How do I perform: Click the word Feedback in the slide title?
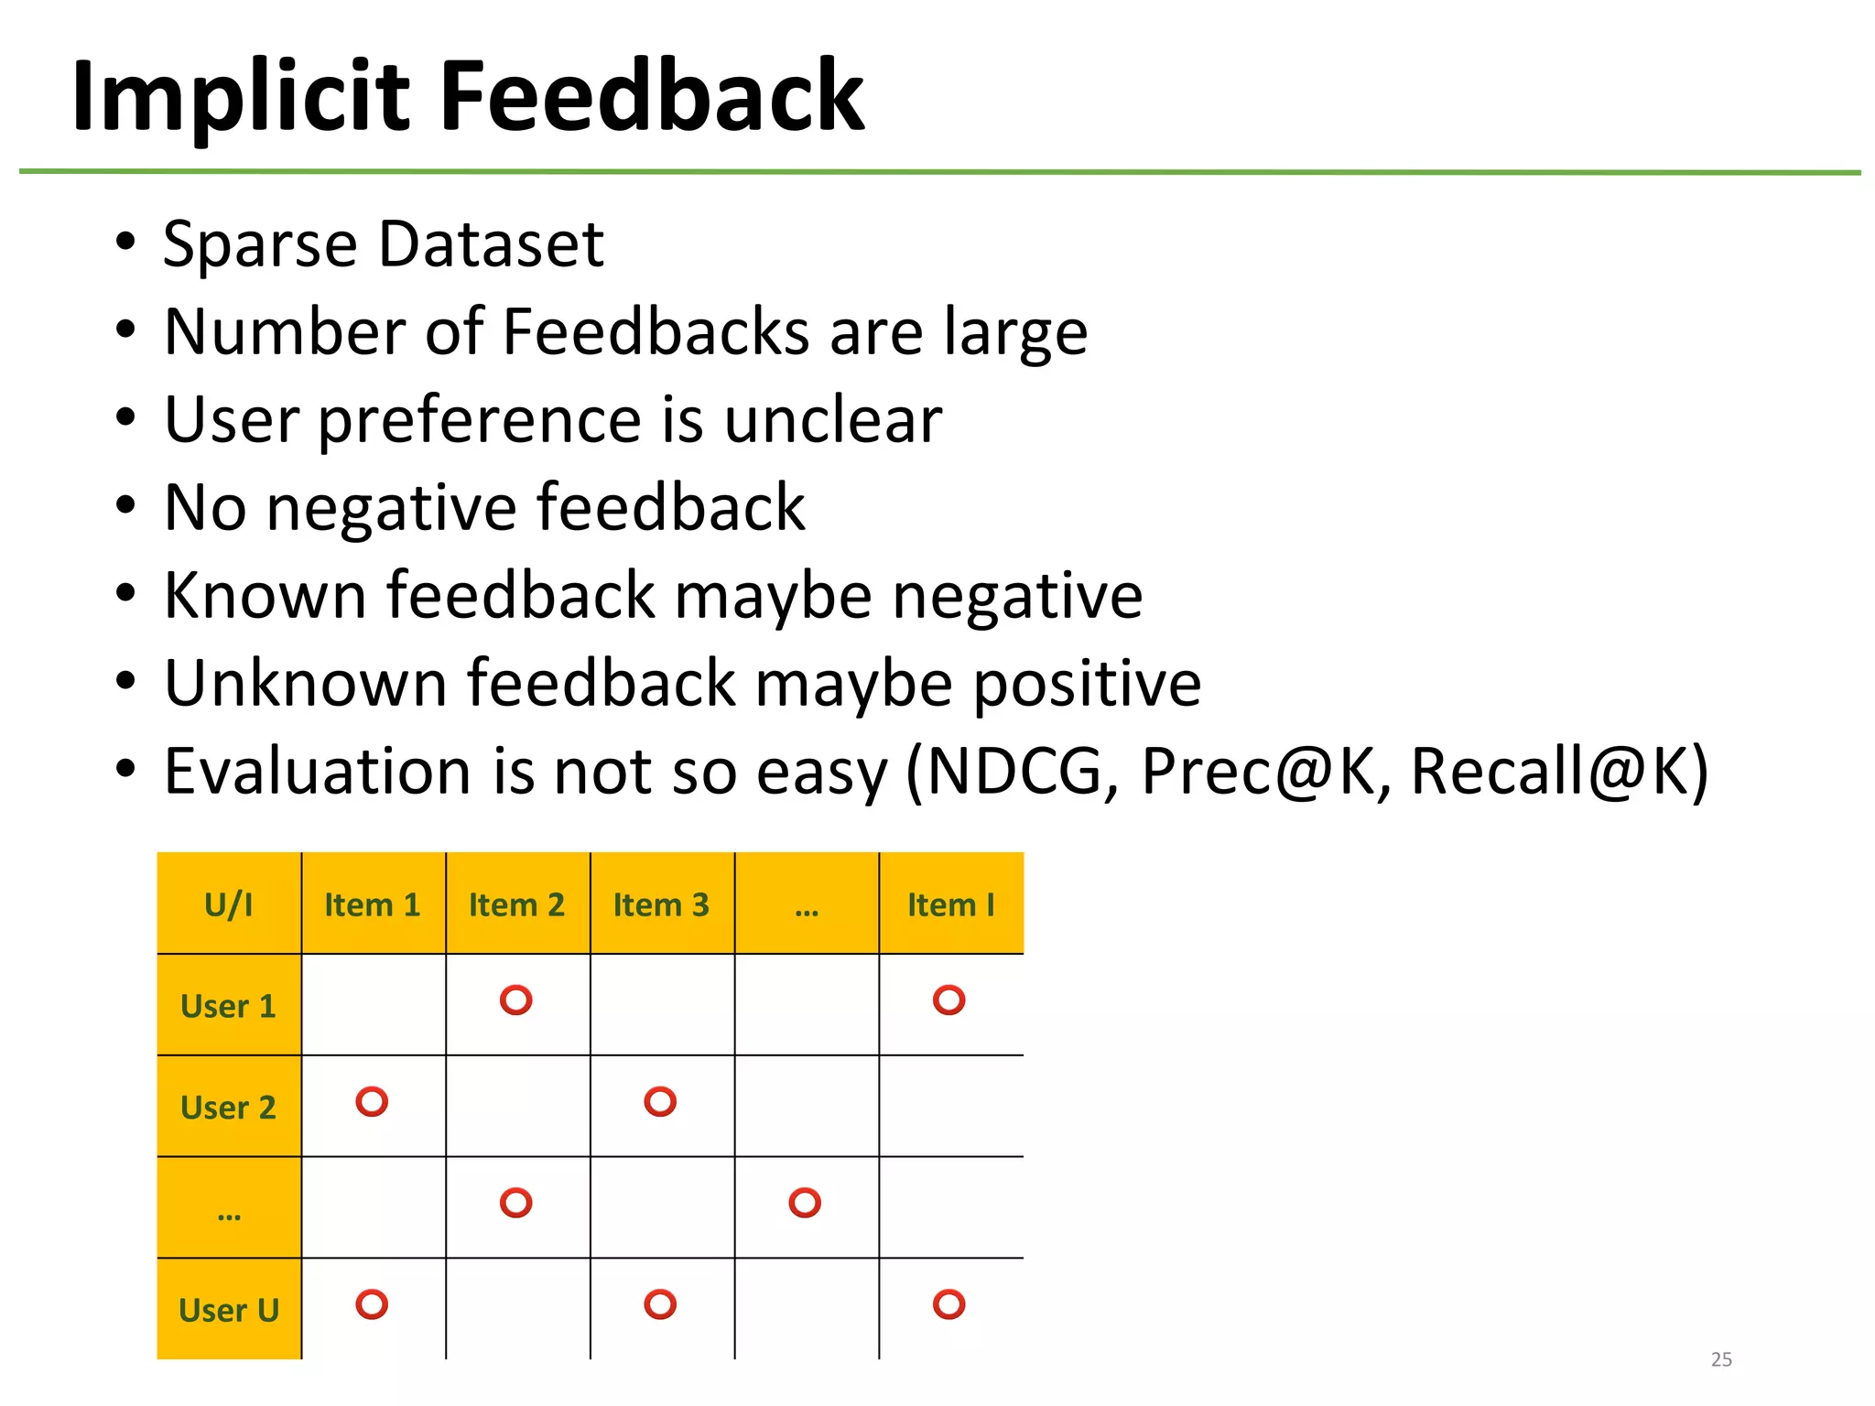click(652, 97)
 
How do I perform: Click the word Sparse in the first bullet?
click(260, 245)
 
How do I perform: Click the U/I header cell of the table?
click(229, 904)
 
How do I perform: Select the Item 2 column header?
click(517, 904)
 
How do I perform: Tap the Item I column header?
click(950, 904)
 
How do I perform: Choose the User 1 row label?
click(229, 1006)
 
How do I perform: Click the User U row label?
click(229, 1310)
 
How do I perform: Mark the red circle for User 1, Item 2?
click(516, 1000)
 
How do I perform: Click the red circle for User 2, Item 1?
click(372, 1101)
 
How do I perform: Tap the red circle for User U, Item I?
click(948, 1303)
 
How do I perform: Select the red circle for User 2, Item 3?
click(660, 1101)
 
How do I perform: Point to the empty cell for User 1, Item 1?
click(374, 1005)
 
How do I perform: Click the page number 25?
click(1721, 1359)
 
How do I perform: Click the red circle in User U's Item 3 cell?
click(660, 1303)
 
